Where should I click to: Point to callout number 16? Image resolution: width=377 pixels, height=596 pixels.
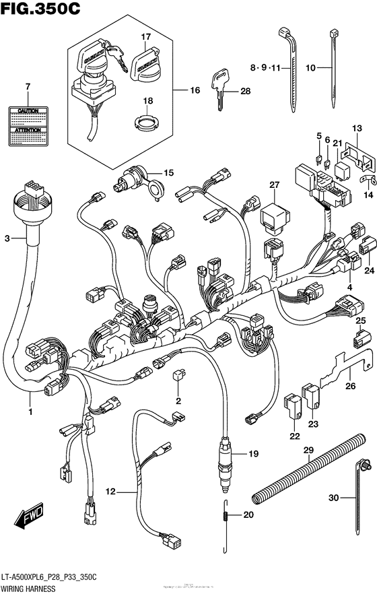pyautogui.click(x=195, y=90)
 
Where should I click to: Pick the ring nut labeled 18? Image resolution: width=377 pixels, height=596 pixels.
pyautogui.click(x=146, y=123)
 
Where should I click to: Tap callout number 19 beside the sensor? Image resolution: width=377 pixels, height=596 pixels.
pyautogui.click(x=253, y=455)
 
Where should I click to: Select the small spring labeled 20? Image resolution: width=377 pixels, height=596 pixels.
pyautogui.click(x=226, y=516)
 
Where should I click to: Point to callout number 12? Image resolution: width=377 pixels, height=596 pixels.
pyautogui.click(x=110, y=493)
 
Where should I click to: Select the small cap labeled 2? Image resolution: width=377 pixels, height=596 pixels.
pyautogui.click(x=178, y=376)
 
